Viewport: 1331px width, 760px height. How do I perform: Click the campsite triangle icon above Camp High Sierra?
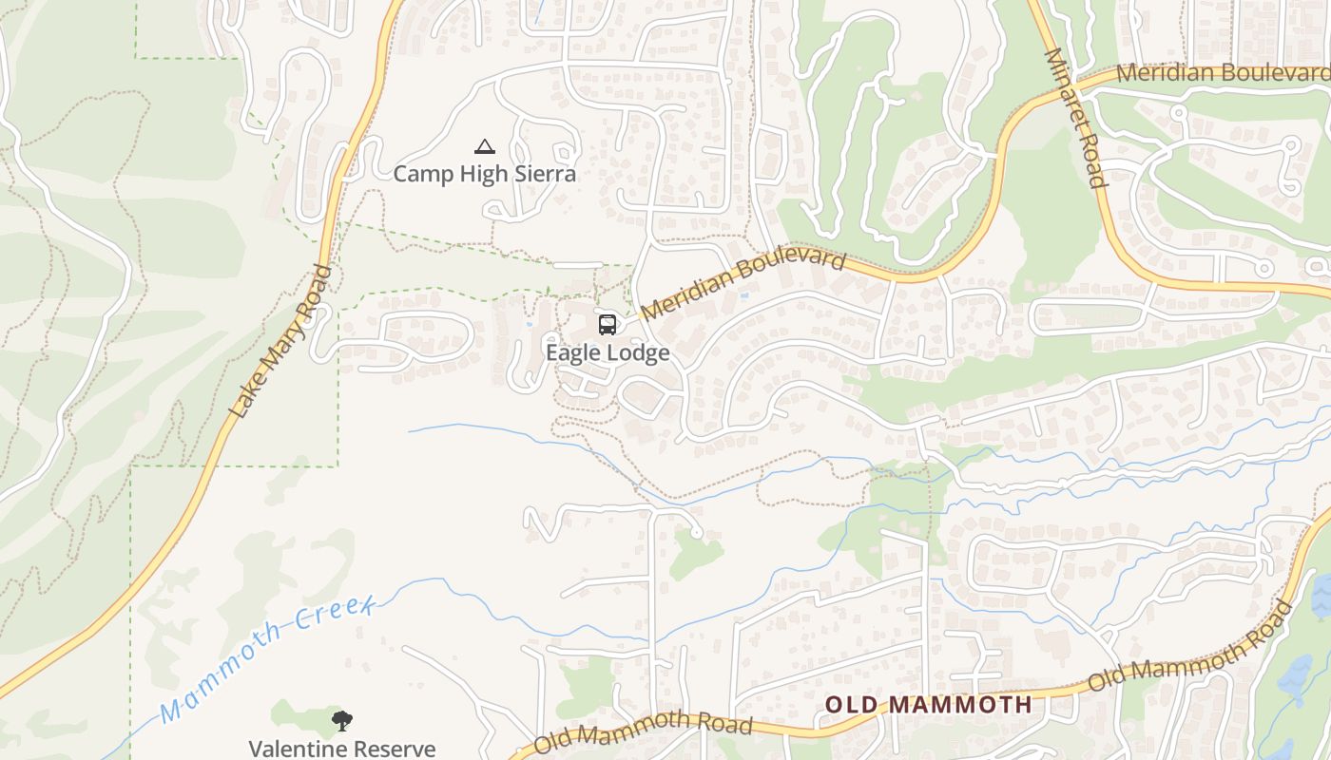(x=485, y=147)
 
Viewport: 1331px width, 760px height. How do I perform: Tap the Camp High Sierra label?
(x=485, y=174)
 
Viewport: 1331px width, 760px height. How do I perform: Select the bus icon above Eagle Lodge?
(x=608, y=325)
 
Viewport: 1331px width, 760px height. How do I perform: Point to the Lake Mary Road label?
(x=282, y=342)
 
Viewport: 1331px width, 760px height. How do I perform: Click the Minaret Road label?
(x=1076, y=119)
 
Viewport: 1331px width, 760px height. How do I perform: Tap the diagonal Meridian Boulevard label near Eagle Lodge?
(x=743, y=283)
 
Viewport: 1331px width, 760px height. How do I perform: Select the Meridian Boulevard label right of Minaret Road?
(x=1223, y=73)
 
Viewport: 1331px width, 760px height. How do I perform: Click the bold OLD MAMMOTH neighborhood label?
(x=928, y=705)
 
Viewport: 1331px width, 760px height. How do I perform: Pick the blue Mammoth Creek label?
(x=269, y=655)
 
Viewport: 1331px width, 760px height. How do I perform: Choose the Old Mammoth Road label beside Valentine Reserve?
(x=644, y=733)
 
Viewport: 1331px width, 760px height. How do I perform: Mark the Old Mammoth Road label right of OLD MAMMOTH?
(x=1190, y=647)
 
